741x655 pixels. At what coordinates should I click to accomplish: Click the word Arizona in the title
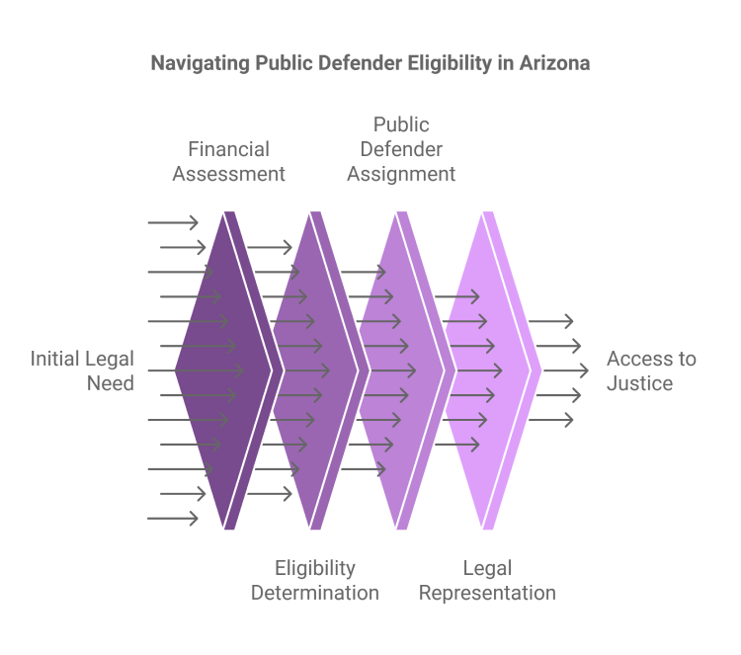click(555, 63)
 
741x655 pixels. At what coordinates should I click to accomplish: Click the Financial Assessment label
click(229, 162)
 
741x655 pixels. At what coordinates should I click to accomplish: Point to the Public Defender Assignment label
click(401, 149)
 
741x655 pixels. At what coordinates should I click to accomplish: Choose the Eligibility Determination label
click(315, 580)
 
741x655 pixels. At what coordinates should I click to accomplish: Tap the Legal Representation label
click(487, 580)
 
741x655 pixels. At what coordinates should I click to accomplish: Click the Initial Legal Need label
click(82, 371)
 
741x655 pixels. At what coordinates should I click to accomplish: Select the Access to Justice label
click(651, 371)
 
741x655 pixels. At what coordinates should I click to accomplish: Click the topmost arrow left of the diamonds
click(173, 222)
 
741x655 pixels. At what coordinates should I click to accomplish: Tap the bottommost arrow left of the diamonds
click(173, 519)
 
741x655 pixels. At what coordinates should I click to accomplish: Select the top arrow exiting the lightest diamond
click(551, 321)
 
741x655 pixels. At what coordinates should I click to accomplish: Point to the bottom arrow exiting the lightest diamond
click(551, 420)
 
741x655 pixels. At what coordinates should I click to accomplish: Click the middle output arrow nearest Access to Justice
click(566, 370)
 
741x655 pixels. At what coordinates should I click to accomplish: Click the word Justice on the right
click(640, 383)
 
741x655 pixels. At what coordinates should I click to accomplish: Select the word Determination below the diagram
click(315, 593)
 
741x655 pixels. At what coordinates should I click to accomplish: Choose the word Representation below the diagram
click(487, 594)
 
